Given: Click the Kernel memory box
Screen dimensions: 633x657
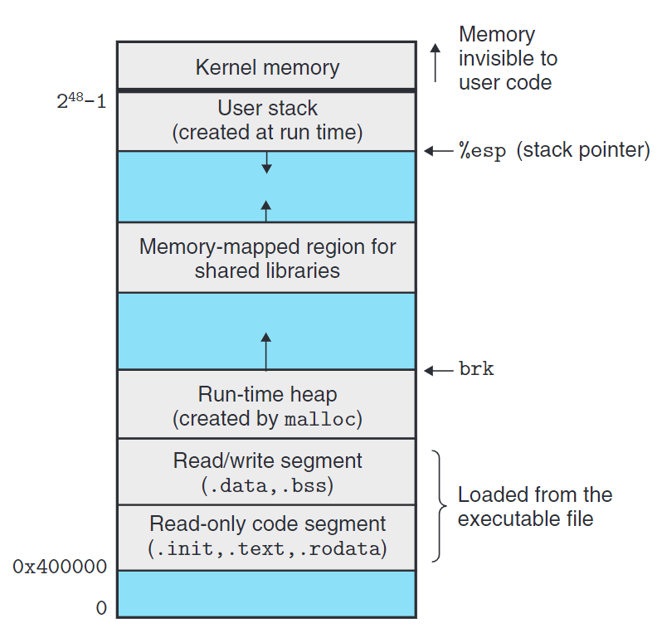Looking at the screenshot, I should tap(266, 66).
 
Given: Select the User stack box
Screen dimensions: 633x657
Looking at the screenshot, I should tap(266, 120).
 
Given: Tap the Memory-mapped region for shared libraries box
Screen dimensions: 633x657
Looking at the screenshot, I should tap(266, 257).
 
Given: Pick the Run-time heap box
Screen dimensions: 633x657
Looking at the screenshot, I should tap(266, 405).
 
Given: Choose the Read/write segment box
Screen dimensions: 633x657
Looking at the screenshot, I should tap(266, 471).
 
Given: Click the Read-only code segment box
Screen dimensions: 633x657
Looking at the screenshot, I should tap(266, 536).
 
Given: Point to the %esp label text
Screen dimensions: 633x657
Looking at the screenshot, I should tap(482, 152).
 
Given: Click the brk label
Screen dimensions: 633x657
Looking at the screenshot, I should tap(476, 369).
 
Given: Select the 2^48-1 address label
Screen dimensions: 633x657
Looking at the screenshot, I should tap(80, 105).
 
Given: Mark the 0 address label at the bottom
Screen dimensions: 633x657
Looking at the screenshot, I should tap(101, 608).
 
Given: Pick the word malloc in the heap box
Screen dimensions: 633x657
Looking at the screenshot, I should tap(319, 419).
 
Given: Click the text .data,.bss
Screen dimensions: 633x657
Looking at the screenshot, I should tap(266, 484).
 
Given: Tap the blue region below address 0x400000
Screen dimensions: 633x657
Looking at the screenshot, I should tap(266, 593).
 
